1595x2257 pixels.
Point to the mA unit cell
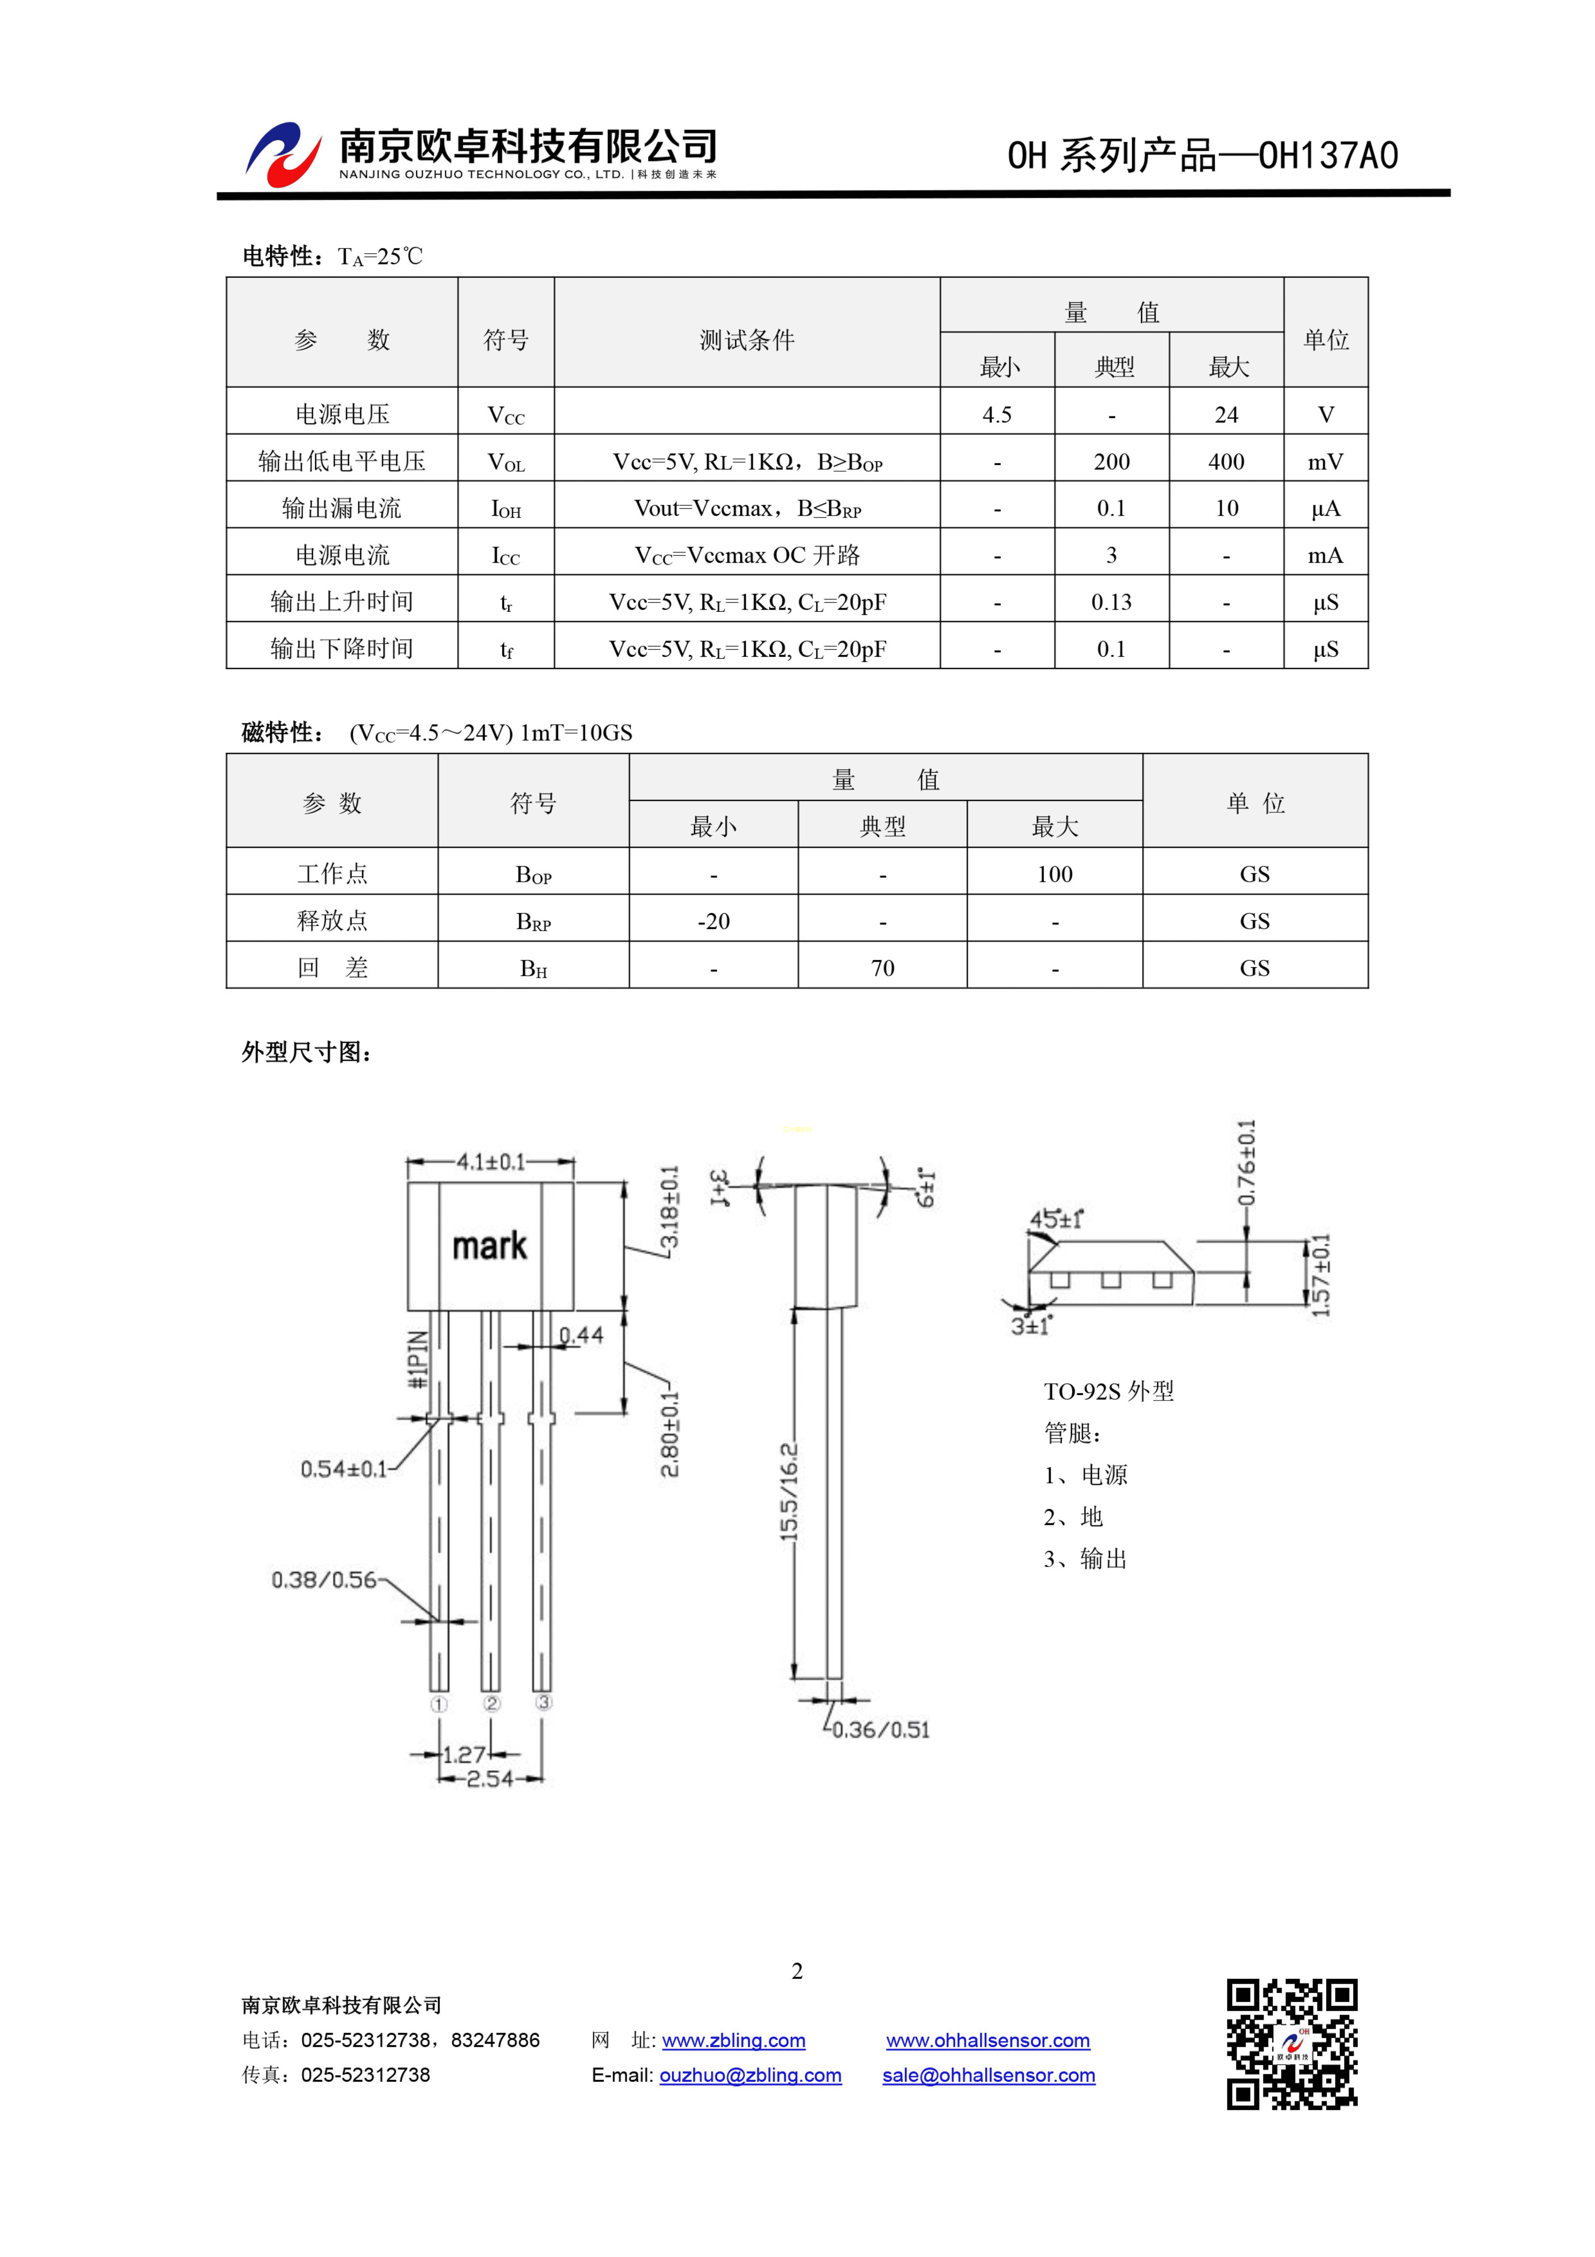point(1325,555)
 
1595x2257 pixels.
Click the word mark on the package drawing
point(489,1247)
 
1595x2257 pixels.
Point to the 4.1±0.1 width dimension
point(490,1162)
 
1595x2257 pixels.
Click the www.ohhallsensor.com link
point(988,2041)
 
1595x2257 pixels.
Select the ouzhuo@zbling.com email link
point(750,2075)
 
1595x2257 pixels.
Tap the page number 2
point(797,1971)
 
